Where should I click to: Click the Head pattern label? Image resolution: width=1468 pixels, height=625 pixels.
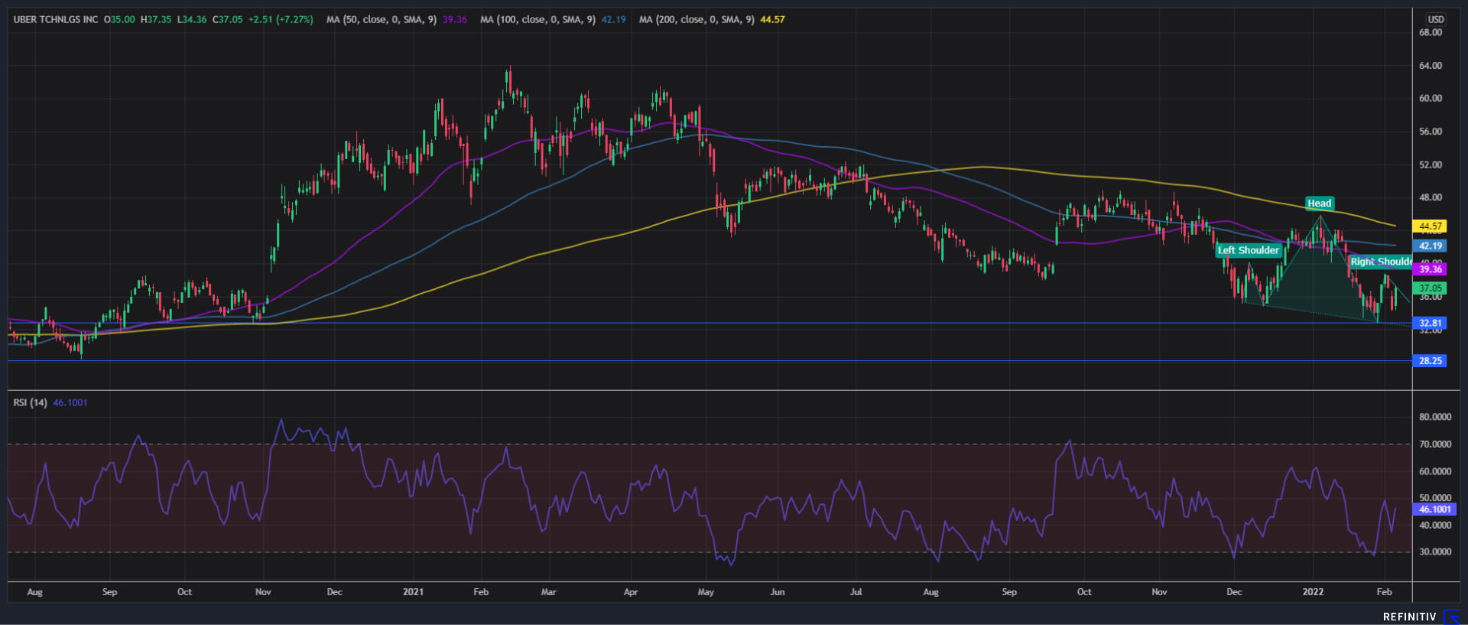pyautogui.click(x=1319, y=203)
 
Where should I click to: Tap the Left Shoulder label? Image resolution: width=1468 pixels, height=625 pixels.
pyautogui.click(x=1248, y=250)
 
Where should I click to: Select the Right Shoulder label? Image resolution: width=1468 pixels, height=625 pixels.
pyautogui.click(x=1380, y=262)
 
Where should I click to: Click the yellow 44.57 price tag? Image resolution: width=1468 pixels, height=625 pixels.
pyautogui.click(x=1430, y=226)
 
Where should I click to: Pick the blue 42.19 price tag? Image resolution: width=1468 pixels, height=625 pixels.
pyautogui.click(x=1430, y=246)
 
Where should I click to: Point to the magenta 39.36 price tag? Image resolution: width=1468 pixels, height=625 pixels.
pyautogui.click(x=1430, y=269)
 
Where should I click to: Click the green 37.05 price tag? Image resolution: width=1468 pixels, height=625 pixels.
pyautogui.click(x=1430, y=288)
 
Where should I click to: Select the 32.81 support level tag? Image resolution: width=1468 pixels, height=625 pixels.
pyautogui.click(x=1430, y=324)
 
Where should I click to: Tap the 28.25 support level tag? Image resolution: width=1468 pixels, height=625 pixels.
pyautogui.click(x=1430, y=361)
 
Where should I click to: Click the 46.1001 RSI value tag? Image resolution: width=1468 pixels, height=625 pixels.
pyautogui.click(x=1434, y=509)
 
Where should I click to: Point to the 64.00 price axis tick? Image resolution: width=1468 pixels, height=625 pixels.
pyautogui.click(x=1430, y=66)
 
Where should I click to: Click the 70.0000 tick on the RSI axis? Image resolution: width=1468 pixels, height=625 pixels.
pyautogui.click(x=1434, y=444)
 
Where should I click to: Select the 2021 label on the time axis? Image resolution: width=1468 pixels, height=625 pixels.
pyautogui.click(x=413, y=592)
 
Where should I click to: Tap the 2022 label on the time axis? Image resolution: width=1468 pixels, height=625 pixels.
pyautogui.click(x=1313, y=592)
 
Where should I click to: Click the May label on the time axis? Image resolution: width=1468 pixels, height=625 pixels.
pyautogui.click(x=706, y=592)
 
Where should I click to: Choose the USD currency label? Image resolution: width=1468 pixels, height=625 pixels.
pyautogui.click(x=1435, y=20)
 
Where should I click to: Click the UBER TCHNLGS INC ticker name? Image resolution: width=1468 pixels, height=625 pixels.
pyautogui.click(x=56, y=20)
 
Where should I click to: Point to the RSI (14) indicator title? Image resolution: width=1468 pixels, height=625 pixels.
pyautogui.click(x=29, y=402)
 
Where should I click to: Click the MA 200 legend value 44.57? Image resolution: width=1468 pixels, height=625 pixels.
pyautogui.click(x=772, y=20)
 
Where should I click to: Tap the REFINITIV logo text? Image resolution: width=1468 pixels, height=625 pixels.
pyautogui.click(x=1409, y=617)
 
